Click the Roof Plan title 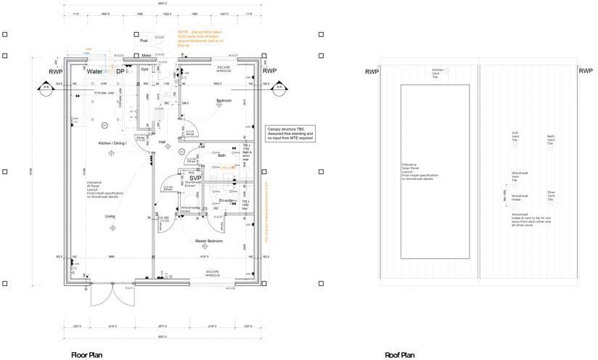click(x=400, y=355)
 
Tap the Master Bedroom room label click(x=208, y=240)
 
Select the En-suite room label click(x=226, y=200)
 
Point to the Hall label click(x=163, y=142)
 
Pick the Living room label click(x=110, y=216)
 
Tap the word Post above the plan click(x=144, y=41)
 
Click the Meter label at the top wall click(x=146, y=55)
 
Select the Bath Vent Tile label click(x=551, y=139)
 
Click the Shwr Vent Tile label click(x=551, y=195)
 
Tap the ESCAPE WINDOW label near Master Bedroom click(x=212, y=274)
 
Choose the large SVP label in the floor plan click(x=195, y=177)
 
